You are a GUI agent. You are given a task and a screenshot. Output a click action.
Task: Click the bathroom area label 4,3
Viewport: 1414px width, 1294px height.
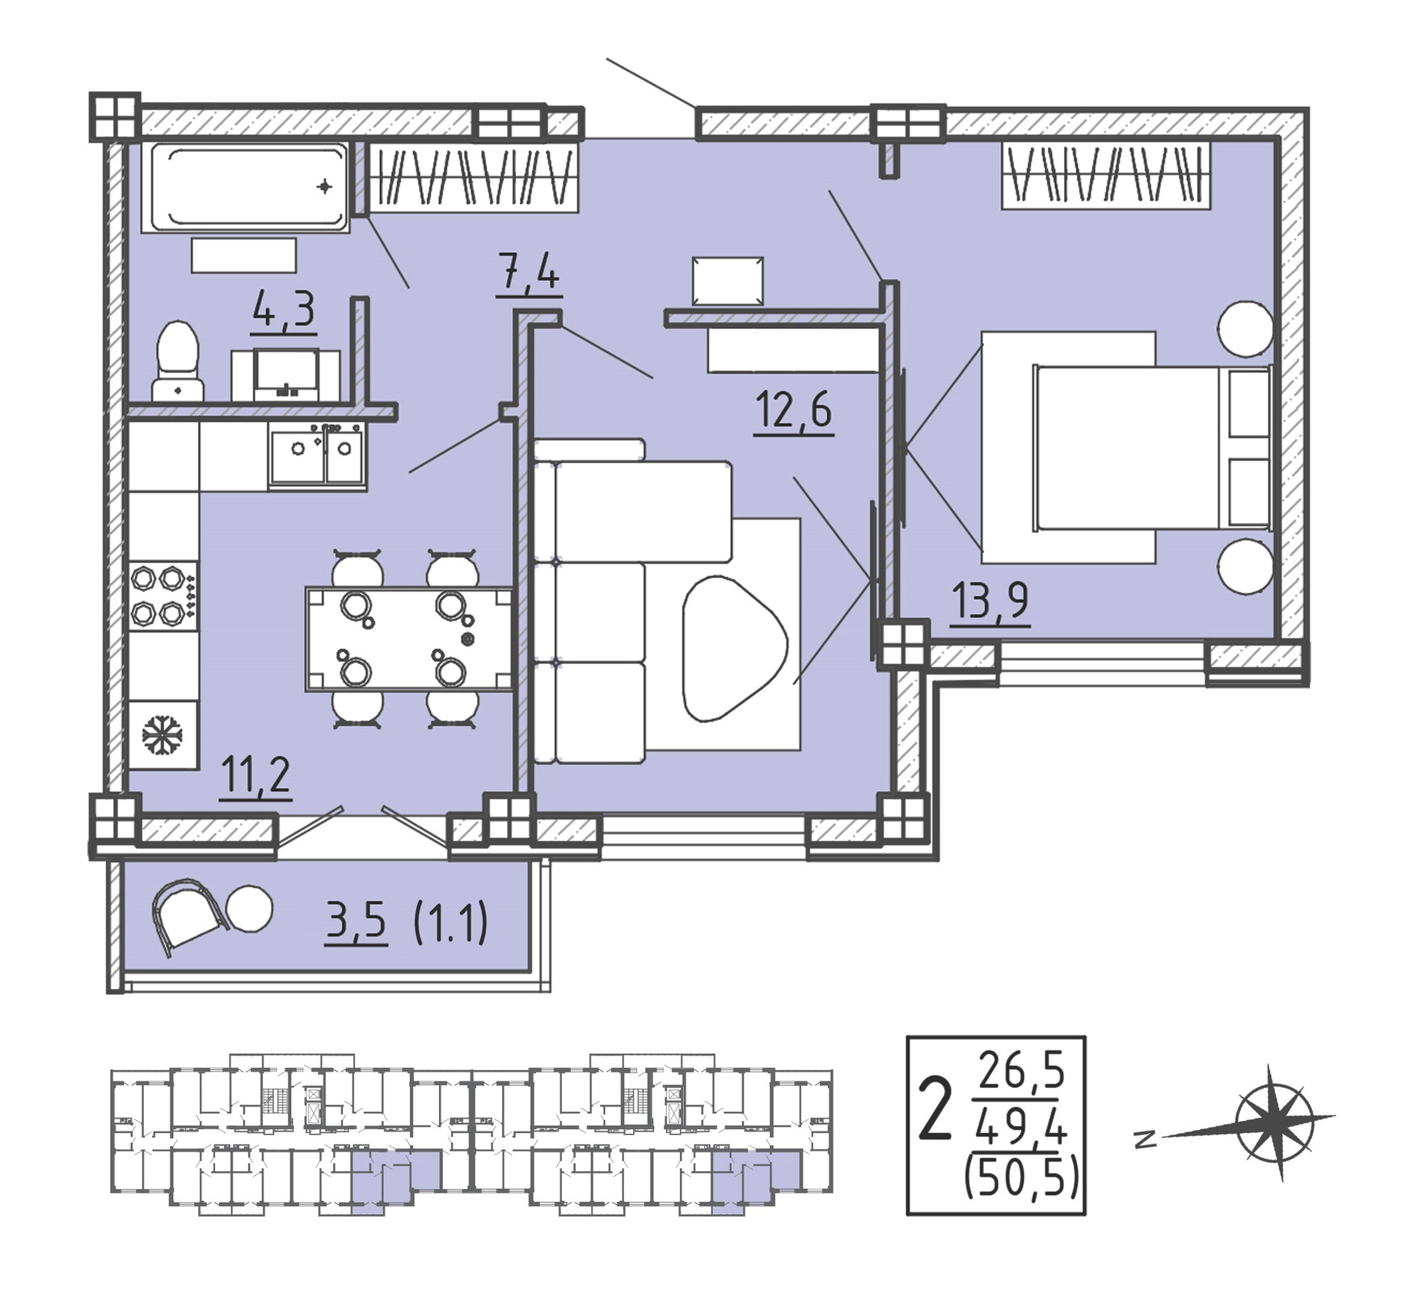(284, 310)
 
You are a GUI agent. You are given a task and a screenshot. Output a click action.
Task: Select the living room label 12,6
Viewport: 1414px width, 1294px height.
(793, 409)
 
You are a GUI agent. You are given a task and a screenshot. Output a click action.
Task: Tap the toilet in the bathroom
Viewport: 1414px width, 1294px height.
(177, 362)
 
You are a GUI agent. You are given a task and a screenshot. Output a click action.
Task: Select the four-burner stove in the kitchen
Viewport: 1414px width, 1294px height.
(163, 596)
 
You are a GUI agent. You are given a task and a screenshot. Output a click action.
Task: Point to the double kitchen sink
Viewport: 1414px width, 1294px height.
(318, 457)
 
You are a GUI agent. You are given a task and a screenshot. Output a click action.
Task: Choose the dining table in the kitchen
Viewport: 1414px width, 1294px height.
(408, 639)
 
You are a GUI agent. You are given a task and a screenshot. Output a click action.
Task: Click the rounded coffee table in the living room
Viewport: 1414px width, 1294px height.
(732, 648)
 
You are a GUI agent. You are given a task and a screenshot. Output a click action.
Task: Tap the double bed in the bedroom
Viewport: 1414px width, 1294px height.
(1153, 447)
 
